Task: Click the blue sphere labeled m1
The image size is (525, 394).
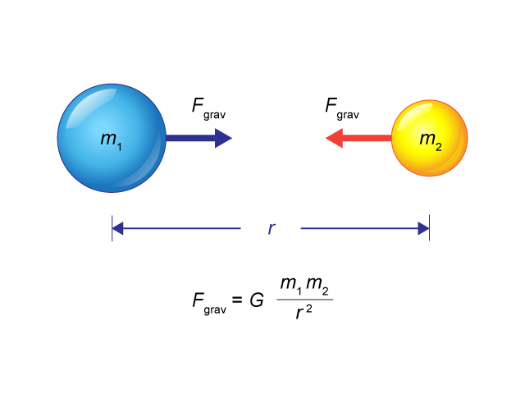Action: click(x=112, y=138)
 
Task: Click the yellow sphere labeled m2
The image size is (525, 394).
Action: click(x=430, y=138)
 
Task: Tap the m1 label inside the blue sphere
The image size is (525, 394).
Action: click(x=112, y=140)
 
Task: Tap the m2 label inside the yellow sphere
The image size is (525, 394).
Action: click(x=431, y=140)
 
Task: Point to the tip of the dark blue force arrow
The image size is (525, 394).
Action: click(x=232, y=138)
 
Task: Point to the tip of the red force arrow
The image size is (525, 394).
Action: click(x=326, y=138)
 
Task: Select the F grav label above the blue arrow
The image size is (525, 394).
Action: click(x=208, y=108)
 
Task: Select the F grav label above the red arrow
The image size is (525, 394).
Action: click(x=342, y=108)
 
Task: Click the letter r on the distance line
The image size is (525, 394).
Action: click(x=272, y=228)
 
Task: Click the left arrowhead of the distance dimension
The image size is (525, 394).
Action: click(x=117, y=228)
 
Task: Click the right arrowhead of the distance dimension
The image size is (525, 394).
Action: click(x=423, y=228)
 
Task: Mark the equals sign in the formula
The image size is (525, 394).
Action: click(x=237, y=299)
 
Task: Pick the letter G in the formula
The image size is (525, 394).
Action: click(x=257, y=300)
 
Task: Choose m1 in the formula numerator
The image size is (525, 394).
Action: click(x=291, y=286)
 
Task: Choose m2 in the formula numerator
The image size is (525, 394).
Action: click(x=317, y=286)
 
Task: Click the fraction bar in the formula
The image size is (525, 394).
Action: click(x=304, y=300)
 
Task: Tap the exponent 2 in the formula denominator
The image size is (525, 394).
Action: click(x=308, y=309)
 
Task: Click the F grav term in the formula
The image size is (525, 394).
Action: click(x=209, y=303)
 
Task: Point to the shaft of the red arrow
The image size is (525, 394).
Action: click(x=367, y=138)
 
